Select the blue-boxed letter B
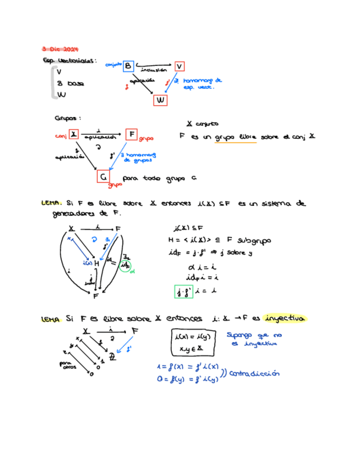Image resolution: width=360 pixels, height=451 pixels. click(x=129, y=65)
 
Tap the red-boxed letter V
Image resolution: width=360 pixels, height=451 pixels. click(x=179, y=66)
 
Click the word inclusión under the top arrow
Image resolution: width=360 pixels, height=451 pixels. click(x=154, y=70)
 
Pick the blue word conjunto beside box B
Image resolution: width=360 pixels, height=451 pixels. click(x=113, y=64)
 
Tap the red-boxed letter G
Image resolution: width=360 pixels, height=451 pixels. click(x=104, y=176)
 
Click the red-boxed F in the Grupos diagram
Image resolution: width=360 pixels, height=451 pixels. click(x=131, y=134)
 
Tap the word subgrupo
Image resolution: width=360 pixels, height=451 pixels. click(x=255, y=240)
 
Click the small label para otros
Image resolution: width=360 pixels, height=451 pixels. click(x=67, y=365)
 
